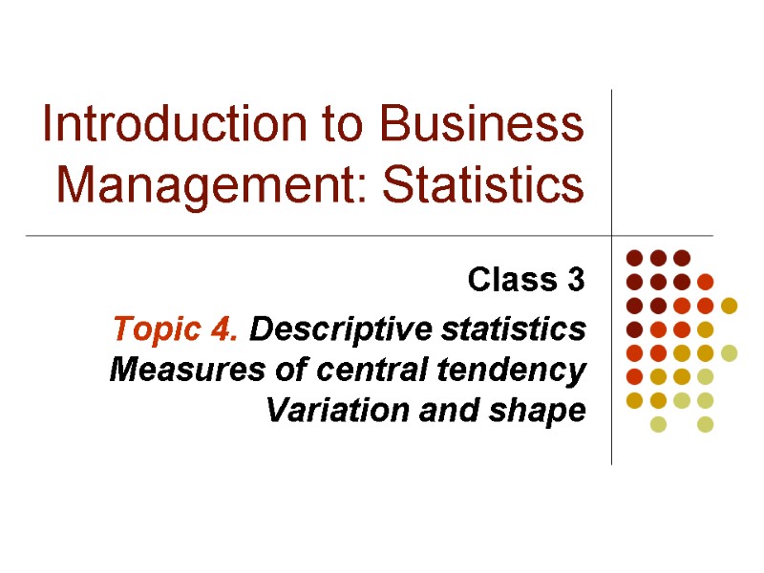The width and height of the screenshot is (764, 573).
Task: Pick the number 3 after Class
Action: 575,281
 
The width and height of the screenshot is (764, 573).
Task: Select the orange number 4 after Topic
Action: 227,330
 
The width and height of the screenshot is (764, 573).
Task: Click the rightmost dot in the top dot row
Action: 681,257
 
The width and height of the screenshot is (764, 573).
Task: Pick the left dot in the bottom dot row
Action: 658,424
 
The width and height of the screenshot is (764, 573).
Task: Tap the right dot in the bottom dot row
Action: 705,424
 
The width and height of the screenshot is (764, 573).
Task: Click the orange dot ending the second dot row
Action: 705,282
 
